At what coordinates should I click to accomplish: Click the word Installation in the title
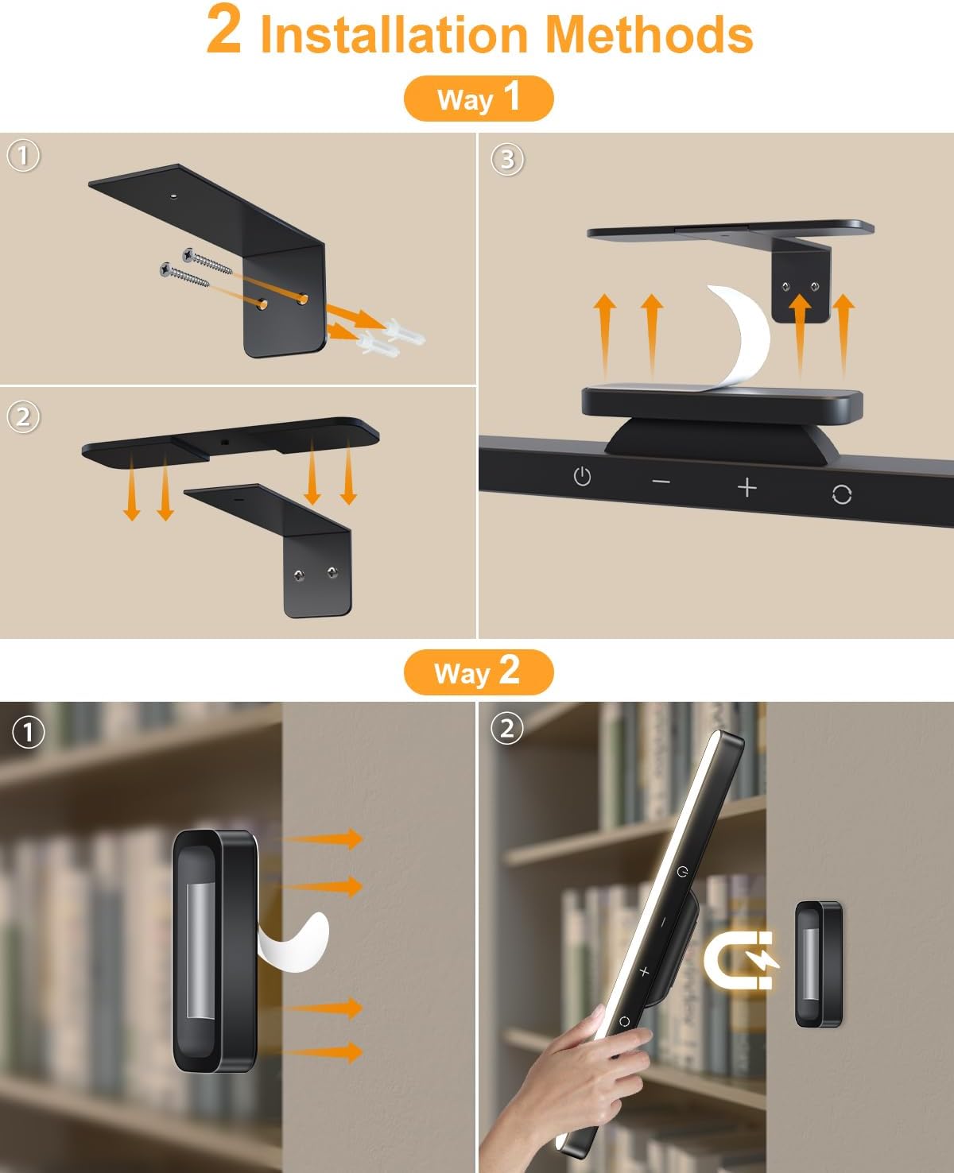(394, 35)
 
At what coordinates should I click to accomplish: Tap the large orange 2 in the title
(223, 30)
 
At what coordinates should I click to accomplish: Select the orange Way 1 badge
(478, 99)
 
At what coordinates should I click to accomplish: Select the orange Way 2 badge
(478, 672)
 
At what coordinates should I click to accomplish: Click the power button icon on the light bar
(582, 477)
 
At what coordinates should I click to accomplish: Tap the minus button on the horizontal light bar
(661, 482)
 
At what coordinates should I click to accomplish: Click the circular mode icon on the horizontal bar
(841, 494)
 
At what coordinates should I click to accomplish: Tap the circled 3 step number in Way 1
(507, 160)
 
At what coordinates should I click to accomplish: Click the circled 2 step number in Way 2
(507, 728)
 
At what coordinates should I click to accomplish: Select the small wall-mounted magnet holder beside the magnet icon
(819, 963)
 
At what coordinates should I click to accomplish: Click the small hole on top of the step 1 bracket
(174, 193)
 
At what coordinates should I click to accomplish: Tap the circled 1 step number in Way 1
(23, 156)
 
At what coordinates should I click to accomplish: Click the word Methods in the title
(648, 35)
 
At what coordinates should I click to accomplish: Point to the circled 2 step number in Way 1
(23, 416)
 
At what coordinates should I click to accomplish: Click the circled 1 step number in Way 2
(29, 732)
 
